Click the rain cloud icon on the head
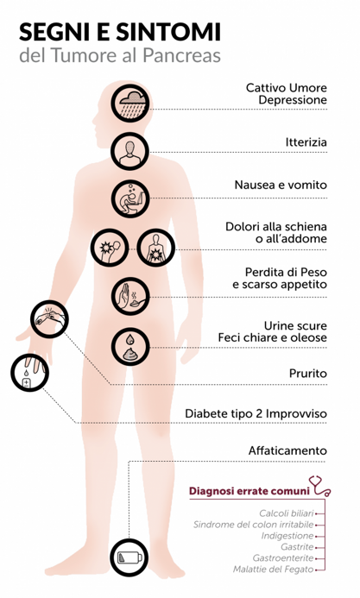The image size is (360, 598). tap(130, 104)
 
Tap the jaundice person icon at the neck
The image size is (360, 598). tap(130, 151)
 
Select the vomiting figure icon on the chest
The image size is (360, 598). tap(130, 198)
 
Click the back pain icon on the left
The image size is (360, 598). tap(110, 248)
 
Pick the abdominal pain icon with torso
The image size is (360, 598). tap(156, 248)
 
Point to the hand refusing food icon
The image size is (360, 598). tap(130, 296)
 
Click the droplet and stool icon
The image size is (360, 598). tap(130, 347)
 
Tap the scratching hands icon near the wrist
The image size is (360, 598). tap(49, 319)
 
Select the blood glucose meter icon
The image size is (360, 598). tap(29, 373)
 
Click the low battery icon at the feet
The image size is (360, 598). tap(129, 557)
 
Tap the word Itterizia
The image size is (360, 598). tap(306, 142)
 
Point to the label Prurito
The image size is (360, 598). tap(307, 373)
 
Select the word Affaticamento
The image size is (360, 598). tap(287, 450)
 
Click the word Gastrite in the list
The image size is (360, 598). tap(297, 546)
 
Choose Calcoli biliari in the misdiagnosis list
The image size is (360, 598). tap(287, 513)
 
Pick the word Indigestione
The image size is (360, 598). tap(287, 536)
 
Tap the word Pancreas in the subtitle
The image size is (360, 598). tap(182, 55)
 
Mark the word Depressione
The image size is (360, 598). tap(293, 100)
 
